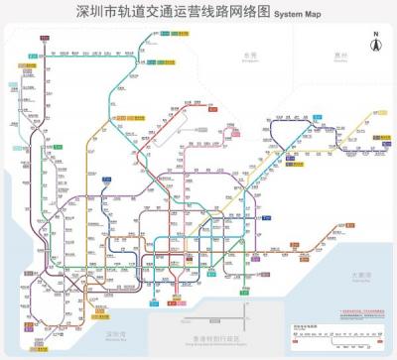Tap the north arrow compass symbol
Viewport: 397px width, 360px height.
[x=375, y=46]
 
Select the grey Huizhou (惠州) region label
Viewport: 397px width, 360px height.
[x=340, y=56]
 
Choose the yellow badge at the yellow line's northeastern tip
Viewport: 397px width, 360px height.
[x=376, y=114]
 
